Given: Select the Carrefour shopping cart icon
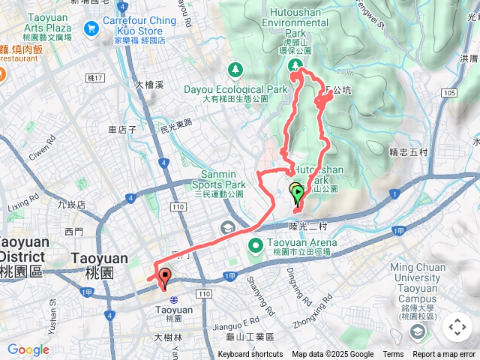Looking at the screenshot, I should (x=92, y=28).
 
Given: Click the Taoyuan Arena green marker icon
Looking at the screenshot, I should (x=255, y=244).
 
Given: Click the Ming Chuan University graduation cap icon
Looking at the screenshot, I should (x=417, y=332).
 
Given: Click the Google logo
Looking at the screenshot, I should (x=28, y=349).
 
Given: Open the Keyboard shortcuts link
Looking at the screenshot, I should (x=250, y=355).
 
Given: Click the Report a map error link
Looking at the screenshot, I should (x=445, y=355).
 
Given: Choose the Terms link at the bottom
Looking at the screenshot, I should (x=393, y=355).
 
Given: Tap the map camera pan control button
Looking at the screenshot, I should (x=457, y=326).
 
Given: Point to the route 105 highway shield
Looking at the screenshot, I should (x=448, y=92).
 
